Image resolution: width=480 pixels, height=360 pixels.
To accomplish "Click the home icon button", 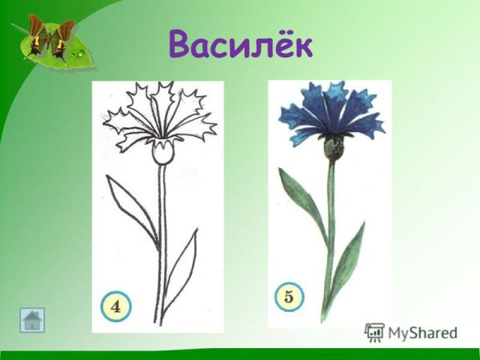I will point(33,320).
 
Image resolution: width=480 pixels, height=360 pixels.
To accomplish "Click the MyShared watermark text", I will point(422,332).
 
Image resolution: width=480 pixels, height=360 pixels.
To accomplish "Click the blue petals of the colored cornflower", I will point(330,116).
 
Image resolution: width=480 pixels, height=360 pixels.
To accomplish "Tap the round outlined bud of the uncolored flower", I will point(163,154).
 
